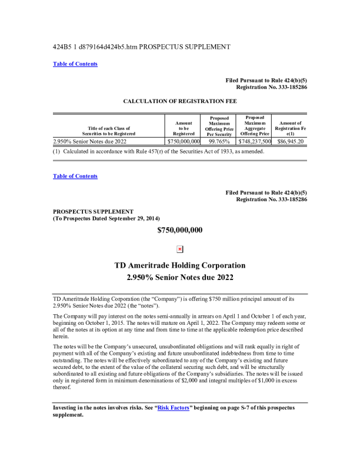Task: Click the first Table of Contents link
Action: point(75,64)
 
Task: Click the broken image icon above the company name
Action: point(180,249)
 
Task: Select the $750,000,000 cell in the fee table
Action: point(184,141)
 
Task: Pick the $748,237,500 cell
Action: point(255,141)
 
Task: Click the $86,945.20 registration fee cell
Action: point(289,141)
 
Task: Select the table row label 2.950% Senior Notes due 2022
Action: point(89,141)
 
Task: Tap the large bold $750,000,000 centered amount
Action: point(180,230)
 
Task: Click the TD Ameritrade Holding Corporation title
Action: point(180,265)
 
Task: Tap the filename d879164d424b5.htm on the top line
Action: point(109,46)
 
